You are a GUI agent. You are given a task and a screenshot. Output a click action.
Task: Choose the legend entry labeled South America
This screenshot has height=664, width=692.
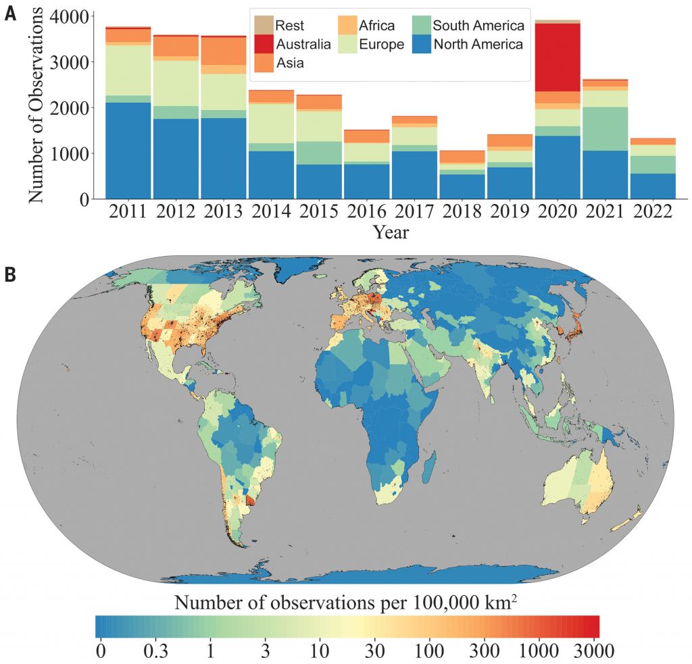(x=478, y=26)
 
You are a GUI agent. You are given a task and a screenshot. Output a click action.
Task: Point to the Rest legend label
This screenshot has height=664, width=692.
(x=289, y=26)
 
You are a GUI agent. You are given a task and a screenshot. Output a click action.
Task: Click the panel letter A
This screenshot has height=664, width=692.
(x=11, y=14)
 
